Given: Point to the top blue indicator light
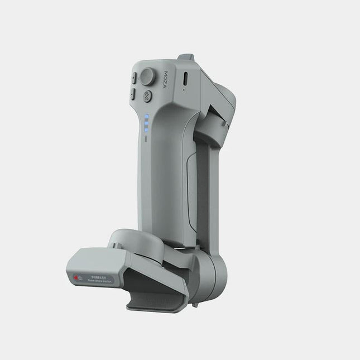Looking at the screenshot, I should [x=146, y=118].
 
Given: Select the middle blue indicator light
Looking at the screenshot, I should [x=146, y=124].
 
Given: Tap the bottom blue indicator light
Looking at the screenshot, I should [x=146, y=130].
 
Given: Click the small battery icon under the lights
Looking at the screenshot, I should [x=146, y=137].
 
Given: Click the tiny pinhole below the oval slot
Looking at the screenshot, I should [x=185, y=89].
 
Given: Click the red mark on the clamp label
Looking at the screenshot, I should [x=73, y=277].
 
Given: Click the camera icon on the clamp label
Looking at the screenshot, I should [x=80, y=277].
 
